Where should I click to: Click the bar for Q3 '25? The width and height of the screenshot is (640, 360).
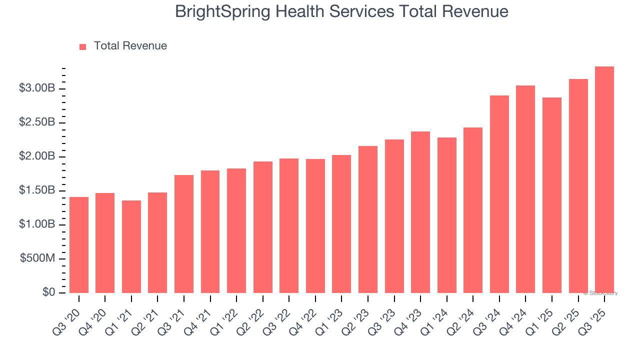click(604, 180)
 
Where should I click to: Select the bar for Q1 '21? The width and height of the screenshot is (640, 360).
click(131, 246)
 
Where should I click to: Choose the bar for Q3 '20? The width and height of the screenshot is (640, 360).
click(79, 245)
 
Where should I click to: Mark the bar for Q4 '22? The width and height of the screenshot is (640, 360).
click(315, 226)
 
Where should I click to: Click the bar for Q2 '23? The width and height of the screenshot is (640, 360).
click(368, 219)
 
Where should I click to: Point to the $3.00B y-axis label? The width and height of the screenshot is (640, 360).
click(37, 88)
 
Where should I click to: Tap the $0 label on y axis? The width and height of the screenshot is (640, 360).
click(48, 292)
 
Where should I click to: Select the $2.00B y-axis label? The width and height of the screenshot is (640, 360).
click(37, 156)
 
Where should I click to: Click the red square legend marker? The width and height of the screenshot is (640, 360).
click(83, 46)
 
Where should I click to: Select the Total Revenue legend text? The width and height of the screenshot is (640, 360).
click(130, 46)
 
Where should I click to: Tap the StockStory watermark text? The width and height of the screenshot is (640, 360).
click(600, 293)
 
